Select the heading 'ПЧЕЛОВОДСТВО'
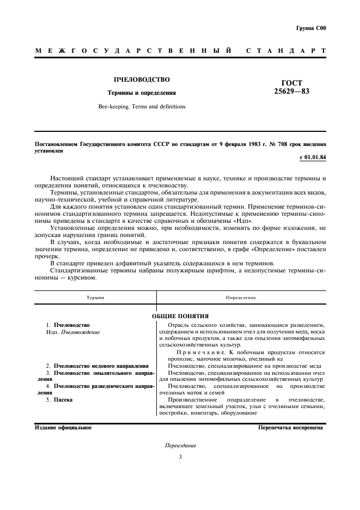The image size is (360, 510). point(141,80)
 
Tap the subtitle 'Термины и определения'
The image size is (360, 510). point(141,93)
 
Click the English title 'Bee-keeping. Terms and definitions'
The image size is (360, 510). point(141,107)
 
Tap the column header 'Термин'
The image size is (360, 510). point(95,298)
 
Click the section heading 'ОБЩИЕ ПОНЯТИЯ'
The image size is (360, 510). point(180,316)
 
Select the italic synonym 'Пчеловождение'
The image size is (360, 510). point(81,332)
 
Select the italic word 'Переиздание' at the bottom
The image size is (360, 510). point(180,445)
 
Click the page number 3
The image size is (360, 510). point(180,457)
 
